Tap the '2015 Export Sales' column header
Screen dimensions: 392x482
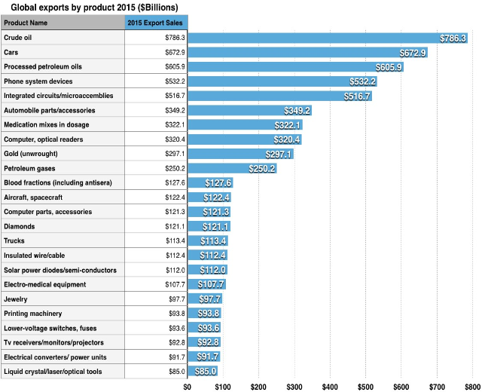point(156,23)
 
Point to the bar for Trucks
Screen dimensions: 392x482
point(207,241)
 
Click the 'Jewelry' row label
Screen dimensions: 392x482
point(16,299)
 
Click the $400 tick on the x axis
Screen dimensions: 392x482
point(330,386)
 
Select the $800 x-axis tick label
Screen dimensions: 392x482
point(471,386)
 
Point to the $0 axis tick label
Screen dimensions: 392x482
point(188,386)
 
